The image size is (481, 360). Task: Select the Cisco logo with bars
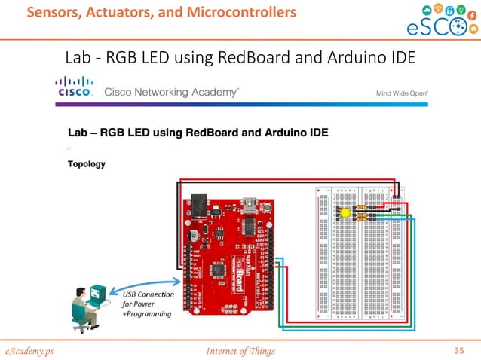click(x=75, y=87)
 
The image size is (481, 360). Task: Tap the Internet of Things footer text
click(x=240, y=350)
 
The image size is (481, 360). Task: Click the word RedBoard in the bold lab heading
click(x=231, y=133)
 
